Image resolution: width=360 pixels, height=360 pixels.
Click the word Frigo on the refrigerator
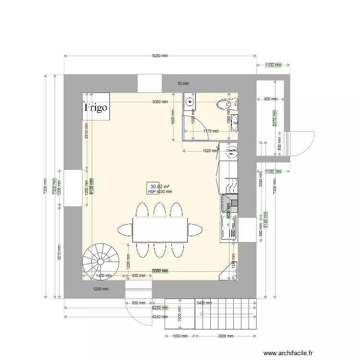point(96,108)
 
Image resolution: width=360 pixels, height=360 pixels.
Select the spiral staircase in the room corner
point(100,261)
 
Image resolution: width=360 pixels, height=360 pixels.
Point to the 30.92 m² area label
point(159,186)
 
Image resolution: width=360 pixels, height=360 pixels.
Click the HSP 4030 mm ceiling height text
point(160,192)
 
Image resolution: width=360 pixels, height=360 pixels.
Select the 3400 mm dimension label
point(204,303)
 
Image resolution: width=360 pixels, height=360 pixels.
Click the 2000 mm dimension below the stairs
point(225,336)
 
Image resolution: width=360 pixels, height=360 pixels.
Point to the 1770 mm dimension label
point(211,131)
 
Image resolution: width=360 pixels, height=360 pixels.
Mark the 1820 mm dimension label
point(210,150)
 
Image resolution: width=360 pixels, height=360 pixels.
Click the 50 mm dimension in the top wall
point(183,84)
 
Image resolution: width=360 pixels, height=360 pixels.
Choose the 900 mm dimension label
point(270,99)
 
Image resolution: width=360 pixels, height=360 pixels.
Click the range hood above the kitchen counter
point(229,203)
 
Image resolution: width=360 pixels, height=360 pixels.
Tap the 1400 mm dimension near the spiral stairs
point(104,276)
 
